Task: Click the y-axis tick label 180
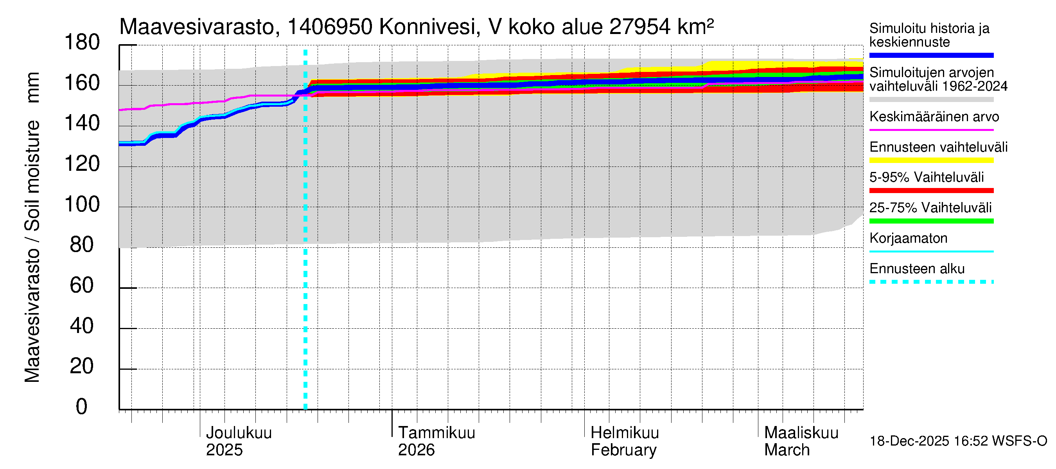82,43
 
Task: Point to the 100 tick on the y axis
82,204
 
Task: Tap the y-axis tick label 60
82,285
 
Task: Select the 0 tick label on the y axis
82,407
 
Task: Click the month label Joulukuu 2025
238,441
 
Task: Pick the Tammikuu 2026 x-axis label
436,441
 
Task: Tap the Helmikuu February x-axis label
624,441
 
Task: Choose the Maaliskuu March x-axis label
801,441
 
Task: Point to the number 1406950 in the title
330,27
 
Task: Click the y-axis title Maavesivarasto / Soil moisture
33,227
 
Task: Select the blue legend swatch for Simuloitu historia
931,55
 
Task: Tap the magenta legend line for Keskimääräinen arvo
931,130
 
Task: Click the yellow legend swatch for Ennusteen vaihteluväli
931,160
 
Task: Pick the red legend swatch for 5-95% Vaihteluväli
931,190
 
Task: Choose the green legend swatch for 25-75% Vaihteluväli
931,221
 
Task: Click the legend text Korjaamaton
908,238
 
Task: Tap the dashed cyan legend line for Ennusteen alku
931,282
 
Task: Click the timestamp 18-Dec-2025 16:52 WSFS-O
958,441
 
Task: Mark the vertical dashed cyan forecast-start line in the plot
305,246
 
